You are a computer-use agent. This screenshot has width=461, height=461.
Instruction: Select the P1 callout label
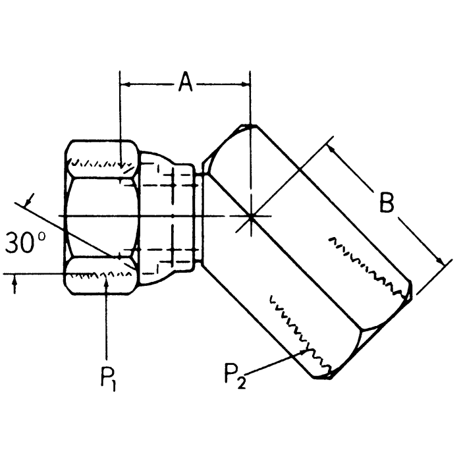[107, 379]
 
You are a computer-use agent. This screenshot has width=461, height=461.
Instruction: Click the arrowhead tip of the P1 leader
[106, 278]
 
